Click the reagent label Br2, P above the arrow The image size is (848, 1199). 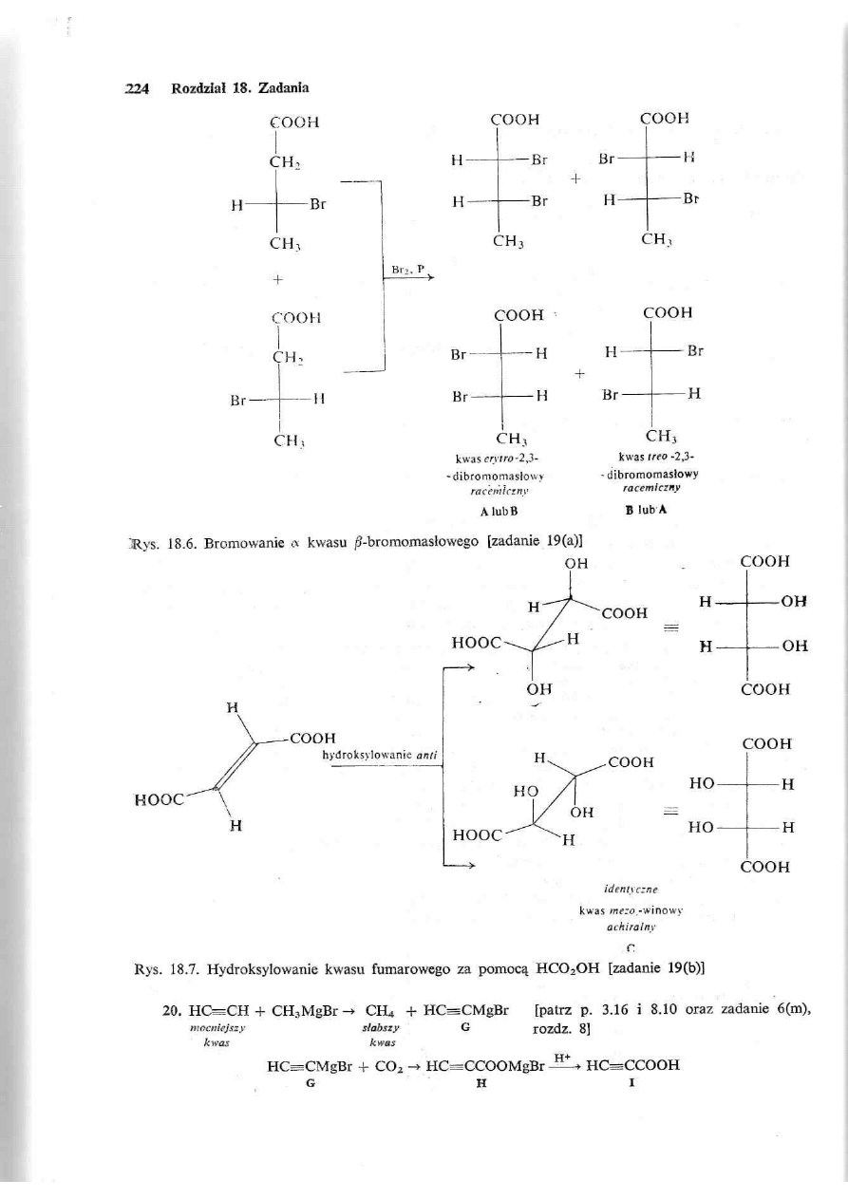405,270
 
